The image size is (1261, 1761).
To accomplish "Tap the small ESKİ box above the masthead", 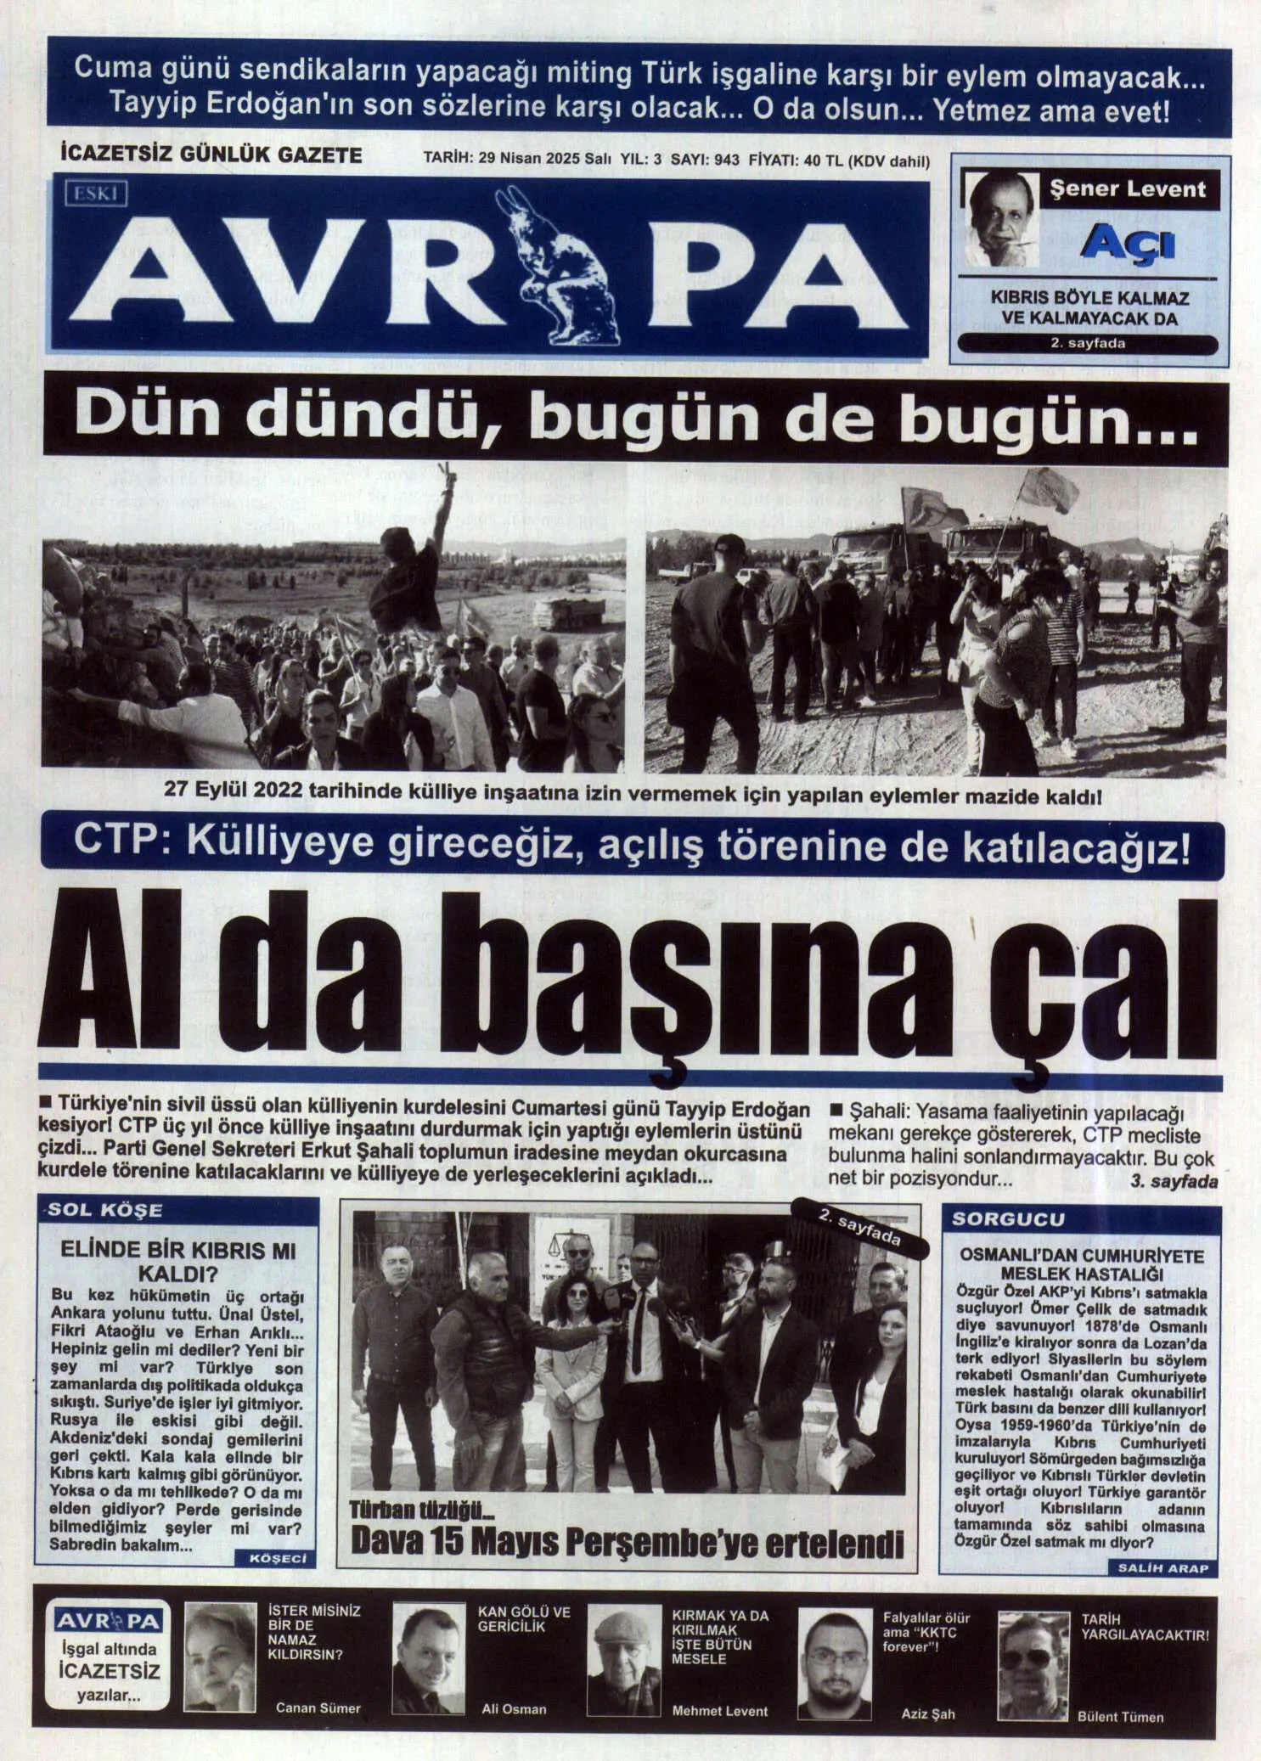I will (x=95, y=194).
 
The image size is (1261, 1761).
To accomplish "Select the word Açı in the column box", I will (x=1128, y=244).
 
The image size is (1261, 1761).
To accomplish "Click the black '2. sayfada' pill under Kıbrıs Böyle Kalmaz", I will (x=1088, y=344).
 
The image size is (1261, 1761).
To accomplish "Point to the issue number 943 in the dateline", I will (x=727, y=160).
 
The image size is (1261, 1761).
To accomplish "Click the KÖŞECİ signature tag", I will (x=278, y=1559).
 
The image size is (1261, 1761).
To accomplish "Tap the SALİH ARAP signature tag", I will (x=1162, y=1568).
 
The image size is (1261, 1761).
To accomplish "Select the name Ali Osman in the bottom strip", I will (x=514, y=1708).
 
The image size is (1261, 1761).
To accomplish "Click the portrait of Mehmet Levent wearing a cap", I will (x=624, y=1659).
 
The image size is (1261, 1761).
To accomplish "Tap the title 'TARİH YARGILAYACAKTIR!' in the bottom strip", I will (x=1144, y=1627).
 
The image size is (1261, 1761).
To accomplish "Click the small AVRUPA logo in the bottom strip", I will (x=108, y=1622).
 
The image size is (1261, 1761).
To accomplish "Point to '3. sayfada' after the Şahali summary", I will (x=1174, y=1181).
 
